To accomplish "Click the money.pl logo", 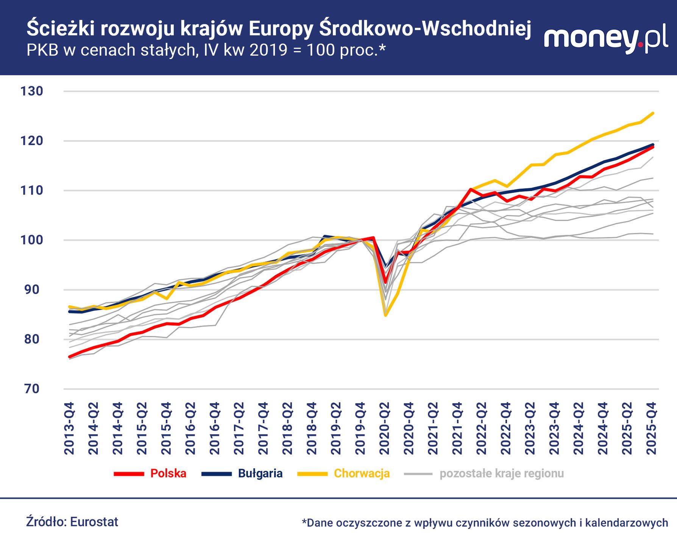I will pyautogui.click(x=605, y=39).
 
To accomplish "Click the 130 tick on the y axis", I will pyautogui.click(x=32, y=91).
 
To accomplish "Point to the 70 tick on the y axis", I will pyautogui.click(x=32, y=389).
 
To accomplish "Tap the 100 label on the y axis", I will pyautogui.click(x=32, y=240).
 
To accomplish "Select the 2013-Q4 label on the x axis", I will pyautogui.click(x=70, y=428).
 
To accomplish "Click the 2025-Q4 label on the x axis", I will pyautogui.click(x=652, y=428).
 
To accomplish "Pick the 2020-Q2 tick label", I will pyautogui.click(x=385, y=428).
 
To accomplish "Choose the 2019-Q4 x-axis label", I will pyautogui.click(x=360, y=428).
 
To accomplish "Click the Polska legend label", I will pyautogui.click(x=168, y=473).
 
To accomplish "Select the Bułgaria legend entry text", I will pyautogui.click(x=260, y=473).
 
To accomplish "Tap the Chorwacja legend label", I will pyautogui.click(x=362, y=473).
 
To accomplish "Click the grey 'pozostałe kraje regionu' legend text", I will pyautogui.click(x=501, y=473).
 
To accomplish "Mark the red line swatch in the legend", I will pyautogui.click(x=129, y=474).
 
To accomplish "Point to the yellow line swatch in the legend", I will pyautogui.click(x=312, y=474).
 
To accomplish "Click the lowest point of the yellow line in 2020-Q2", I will pyautogui.click(x=385, y=315).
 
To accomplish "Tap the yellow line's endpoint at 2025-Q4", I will pyautogui.click(x=653, y=113).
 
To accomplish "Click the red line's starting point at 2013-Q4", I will pyautogui.click(x=69, y=357).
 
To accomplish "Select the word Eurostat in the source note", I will pyautogui.click(x=94, y=522).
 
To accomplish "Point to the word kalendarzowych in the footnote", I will pyautogui.click(x=626, y=523).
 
